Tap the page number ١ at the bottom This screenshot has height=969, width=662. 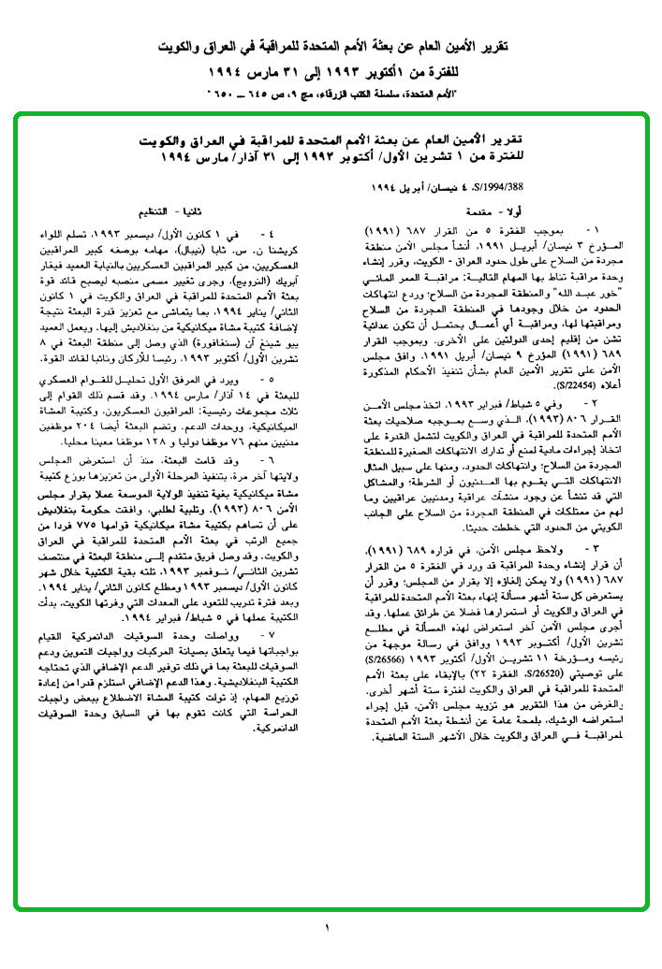(x=329, y=927)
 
